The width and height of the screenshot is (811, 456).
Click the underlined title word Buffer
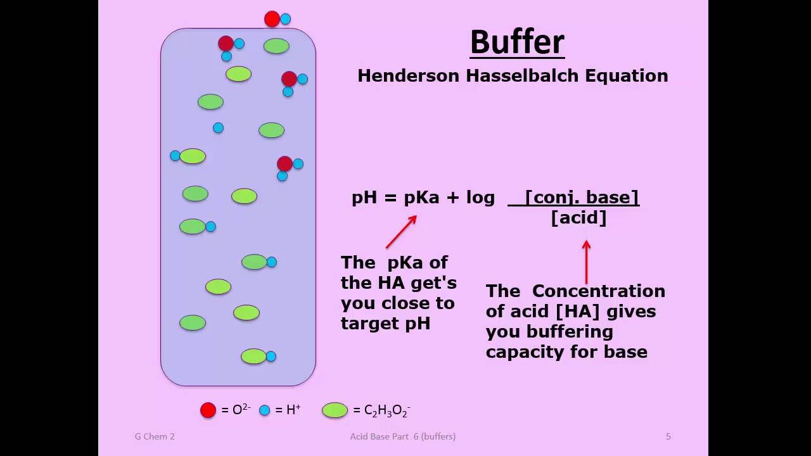click(517, 42)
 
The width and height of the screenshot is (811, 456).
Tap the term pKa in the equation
click(421, 198)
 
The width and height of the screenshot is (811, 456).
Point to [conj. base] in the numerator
click(582, 197)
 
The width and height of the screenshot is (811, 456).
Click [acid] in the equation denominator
click(578, 218)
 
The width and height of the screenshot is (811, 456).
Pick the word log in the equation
click(480, 198)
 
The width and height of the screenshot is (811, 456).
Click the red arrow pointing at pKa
click(401, 232)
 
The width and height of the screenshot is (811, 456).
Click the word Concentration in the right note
click(598, 291)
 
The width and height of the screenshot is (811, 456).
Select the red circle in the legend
click(208, 410)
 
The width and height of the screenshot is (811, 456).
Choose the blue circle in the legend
click(264, 410)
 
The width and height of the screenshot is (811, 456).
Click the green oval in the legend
click(335, 410)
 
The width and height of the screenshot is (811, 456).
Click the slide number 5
click(668, 436)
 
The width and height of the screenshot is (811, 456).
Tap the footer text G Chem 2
click(155, 436)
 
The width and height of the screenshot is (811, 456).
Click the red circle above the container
click(272, 19)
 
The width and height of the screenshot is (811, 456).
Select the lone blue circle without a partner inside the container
click(218, 128)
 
